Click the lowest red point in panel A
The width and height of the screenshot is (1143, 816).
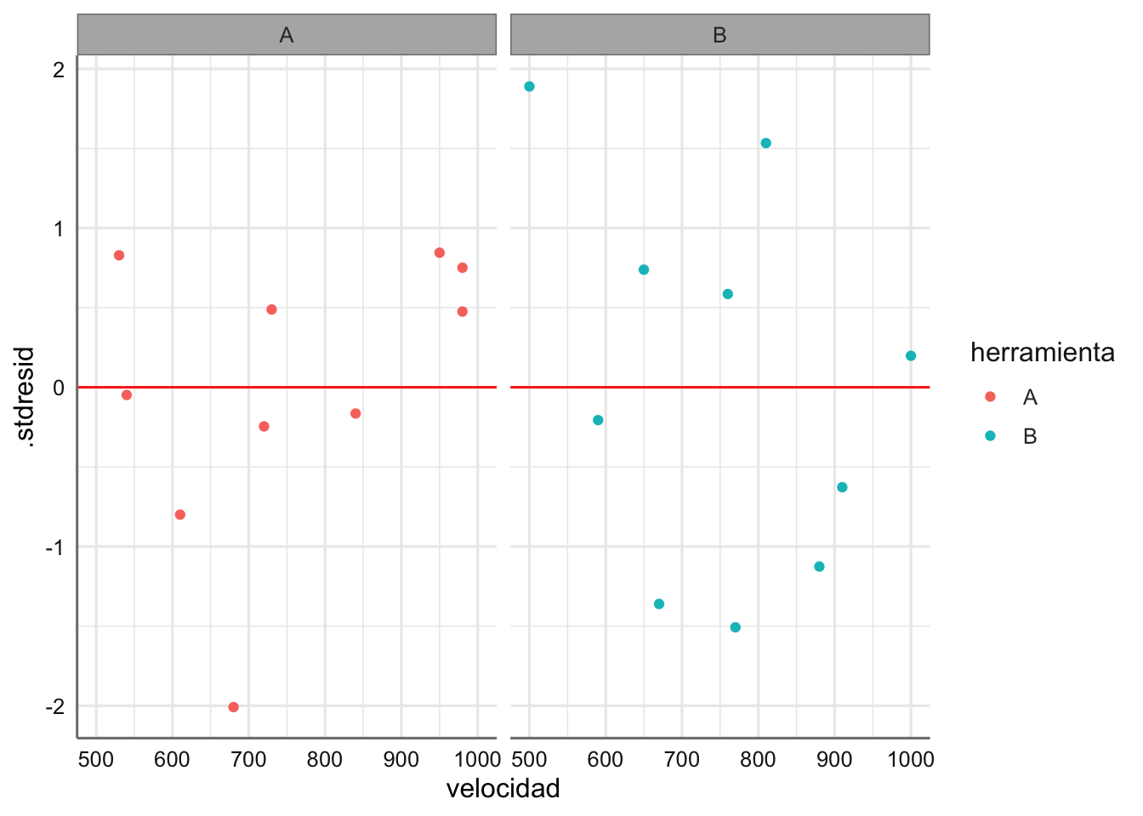click(234, 707)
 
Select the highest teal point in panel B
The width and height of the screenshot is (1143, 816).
click(529, 87)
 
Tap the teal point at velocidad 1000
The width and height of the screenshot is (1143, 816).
click(911, 356)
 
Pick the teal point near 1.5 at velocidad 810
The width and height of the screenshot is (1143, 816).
click(765, 144)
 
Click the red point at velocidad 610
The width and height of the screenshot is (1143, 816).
click(180, 515)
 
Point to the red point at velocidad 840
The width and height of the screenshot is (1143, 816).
click(355, 414)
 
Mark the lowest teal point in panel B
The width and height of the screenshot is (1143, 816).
click(736, 627)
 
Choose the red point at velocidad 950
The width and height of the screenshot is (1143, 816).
click(440, 253)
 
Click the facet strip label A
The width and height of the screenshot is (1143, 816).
click(287, 35)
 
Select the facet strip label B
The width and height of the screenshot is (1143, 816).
click(719, 35)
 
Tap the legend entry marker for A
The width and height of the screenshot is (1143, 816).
click(990, 397)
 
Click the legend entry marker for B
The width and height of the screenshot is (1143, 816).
click(990, 436)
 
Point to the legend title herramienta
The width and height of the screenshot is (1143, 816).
click(1042, 353)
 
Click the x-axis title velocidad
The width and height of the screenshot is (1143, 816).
click(503, 789)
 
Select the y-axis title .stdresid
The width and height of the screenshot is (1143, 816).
click(26, 396)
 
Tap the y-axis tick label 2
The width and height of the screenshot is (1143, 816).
click(59, 70)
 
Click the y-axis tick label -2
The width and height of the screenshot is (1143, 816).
click(55, 707)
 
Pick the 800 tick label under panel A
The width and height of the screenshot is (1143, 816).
click(325, 759)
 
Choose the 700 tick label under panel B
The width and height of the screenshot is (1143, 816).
click(682, 759)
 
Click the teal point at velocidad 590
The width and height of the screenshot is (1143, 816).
click(598, 420)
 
